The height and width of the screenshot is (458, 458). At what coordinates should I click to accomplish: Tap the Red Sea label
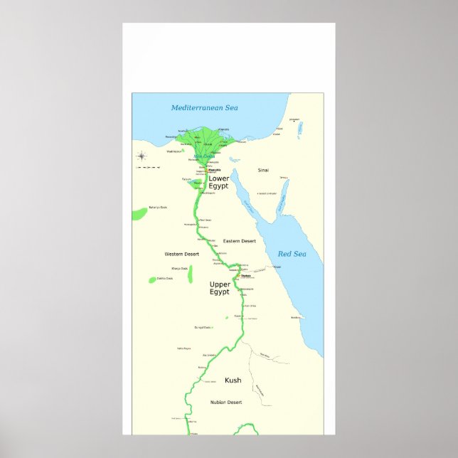coord(291,254)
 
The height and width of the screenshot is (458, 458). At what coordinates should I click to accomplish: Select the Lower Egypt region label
coord(218,182)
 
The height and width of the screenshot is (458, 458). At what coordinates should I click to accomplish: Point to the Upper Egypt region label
coord(220,288)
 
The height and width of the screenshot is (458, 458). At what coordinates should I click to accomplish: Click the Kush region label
coord(233,380)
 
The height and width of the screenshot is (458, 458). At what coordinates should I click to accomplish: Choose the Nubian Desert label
coord(226,403)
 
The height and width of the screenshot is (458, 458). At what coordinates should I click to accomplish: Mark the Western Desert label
coord(181,254)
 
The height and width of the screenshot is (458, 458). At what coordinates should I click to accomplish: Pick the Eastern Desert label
coord(239,241)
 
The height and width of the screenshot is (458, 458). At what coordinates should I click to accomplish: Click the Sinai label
coord(263,171)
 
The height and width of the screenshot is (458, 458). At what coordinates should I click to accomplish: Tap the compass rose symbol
coord(142,156)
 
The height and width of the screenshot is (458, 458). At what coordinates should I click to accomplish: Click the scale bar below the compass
coord(148,168)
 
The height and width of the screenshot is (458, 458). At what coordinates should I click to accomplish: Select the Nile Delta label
coord(193,157)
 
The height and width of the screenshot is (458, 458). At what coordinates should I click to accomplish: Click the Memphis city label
coord(214,170)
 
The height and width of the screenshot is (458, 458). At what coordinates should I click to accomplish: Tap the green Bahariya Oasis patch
coord(139,213)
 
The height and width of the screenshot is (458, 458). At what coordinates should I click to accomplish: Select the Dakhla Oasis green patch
coord(152,279)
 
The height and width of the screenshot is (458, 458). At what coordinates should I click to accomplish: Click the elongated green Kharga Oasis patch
coord(191,275)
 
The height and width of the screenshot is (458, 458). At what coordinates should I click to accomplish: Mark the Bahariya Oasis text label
coord(159,208)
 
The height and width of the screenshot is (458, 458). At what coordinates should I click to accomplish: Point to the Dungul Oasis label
coord(203,327)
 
